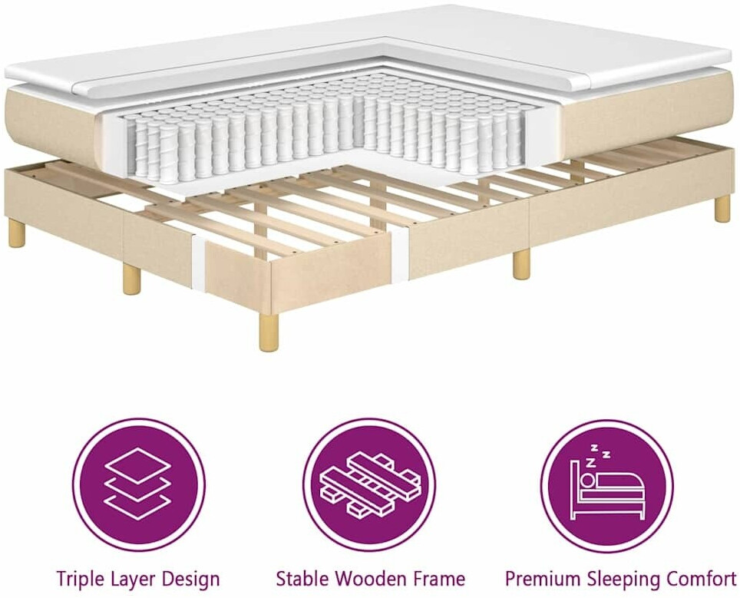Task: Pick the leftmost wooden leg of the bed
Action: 18,235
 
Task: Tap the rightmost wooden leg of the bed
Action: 722,210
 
